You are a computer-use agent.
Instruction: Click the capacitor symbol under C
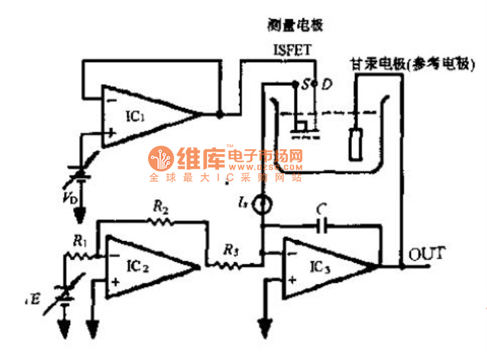[x=323, y=226]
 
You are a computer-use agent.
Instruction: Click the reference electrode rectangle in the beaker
[x=354, y=141]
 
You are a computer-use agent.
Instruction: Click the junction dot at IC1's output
[x=219, y=113]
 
